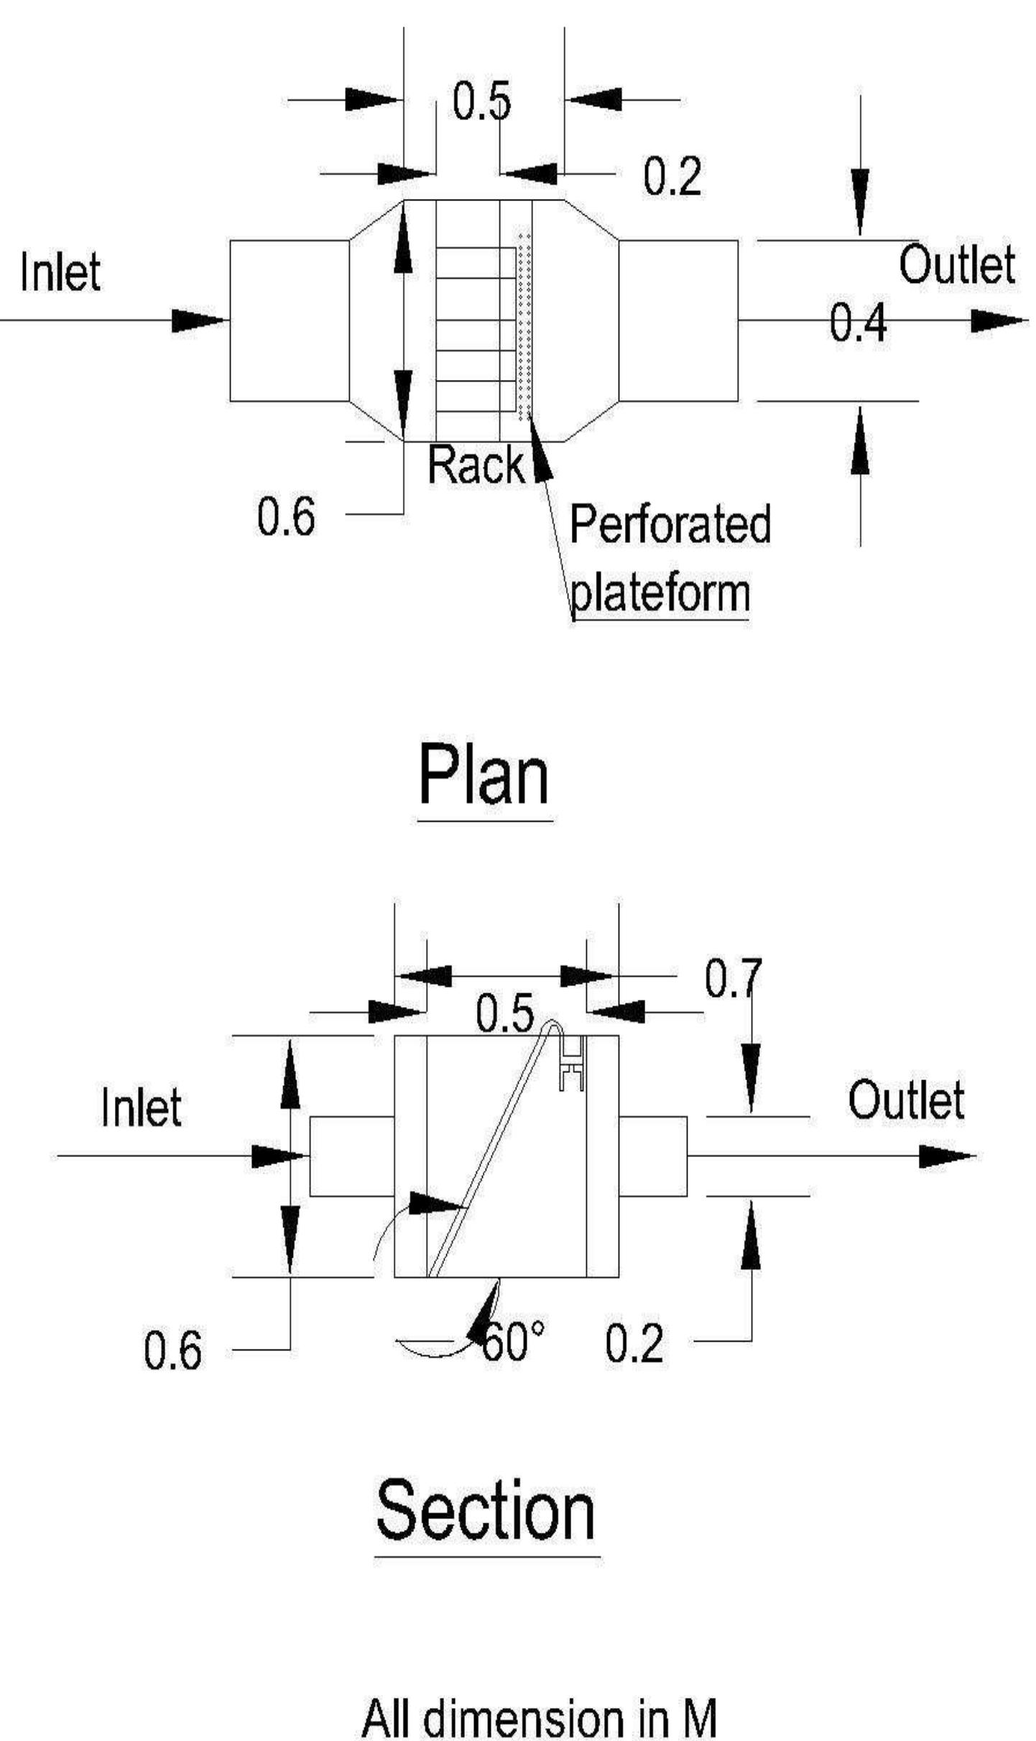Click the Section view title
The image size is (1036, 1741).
point(486,1509)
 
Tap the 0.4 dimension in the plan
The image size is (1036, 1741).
point(858,322)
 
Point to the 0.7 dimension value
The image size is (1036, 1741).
point(732,978)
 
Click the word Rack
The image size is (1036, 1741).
point(476,465)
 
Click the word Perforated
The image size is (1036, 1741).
point(670,524)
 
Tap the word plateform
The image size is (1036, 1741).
point(660,593)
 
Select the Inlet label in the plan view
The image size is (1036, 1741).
point(60,272)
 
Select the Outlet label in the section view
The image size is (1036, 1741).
point(905,1100)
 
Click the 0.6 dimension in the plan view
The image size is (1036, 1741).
point(286,516)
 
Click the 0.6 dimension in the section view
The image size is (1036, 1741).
point(173,1350)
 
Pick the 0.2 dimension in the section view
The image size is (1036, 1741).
point(634,1344)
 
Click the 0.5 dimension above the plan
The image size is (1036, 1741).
point(481,101)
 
